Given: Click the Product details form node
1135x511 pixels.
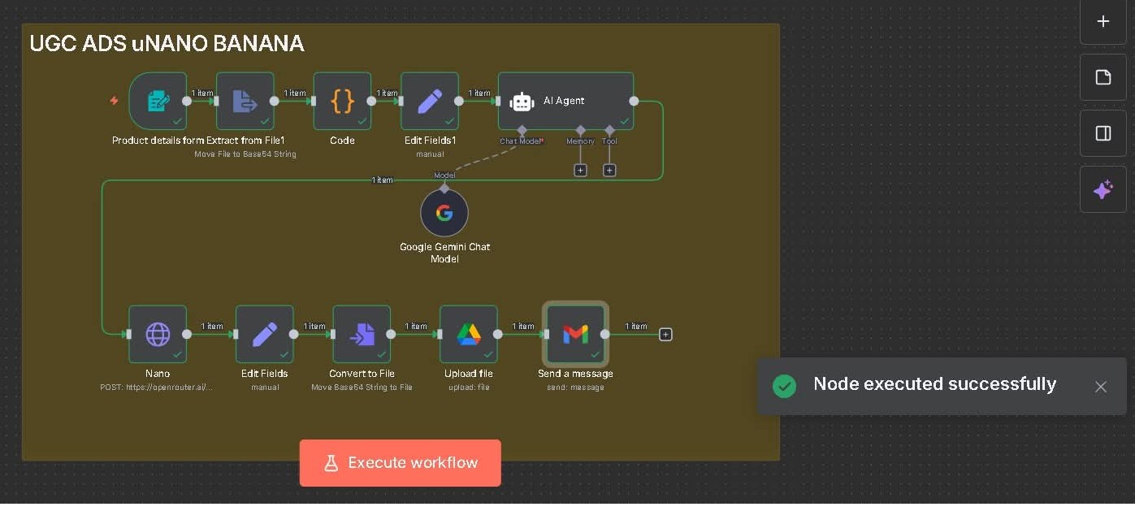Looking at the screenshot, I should [158, 101].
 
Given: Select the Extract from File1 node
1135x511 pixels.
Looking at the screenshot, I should [245, 101].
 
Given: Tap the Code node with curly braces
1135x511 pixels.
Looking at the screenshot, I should [342, 101].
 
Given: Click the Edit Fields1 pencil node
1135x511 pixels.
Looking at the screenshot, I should [429, 101].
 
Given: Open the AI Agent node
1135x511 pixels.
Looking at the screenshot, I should [565, 101].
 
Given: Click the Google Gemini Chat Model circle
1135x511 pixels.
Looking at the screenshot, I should [444, 214].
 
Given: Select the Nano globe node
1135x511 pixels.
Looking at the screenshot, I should [158, 334].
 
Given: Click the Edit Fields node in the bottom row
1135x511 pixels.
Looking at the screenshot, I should [264, 334].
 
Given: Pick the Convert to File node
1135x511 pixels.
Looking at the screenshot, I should [362, 334].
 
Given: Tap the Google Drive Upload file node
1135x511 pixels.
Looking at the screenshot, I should [469, 334].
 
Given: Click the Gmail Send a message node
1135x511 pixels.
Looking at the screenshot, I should [575, 334].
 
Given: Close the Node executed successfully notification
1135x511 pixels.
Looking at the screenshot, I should [1101, 387].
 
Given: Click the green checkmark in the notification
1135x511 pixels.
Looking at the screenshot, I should [784, 386].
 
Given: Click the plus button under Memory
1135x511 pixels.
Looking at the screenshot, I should [580, 171].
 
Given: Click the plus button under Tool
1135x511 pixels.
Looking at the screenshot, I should [609, 171].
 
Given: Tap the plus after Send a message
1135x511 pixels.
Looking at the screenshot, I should [665, 334].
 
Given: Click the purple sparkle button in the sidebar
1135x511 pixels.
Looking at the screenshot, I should [1103, 190].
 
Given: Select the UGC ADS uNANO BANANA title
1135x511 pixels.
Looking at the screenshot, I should [167, 44].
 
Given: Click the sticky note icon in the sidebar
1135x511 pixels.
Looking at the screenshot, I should [1103, 77].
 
